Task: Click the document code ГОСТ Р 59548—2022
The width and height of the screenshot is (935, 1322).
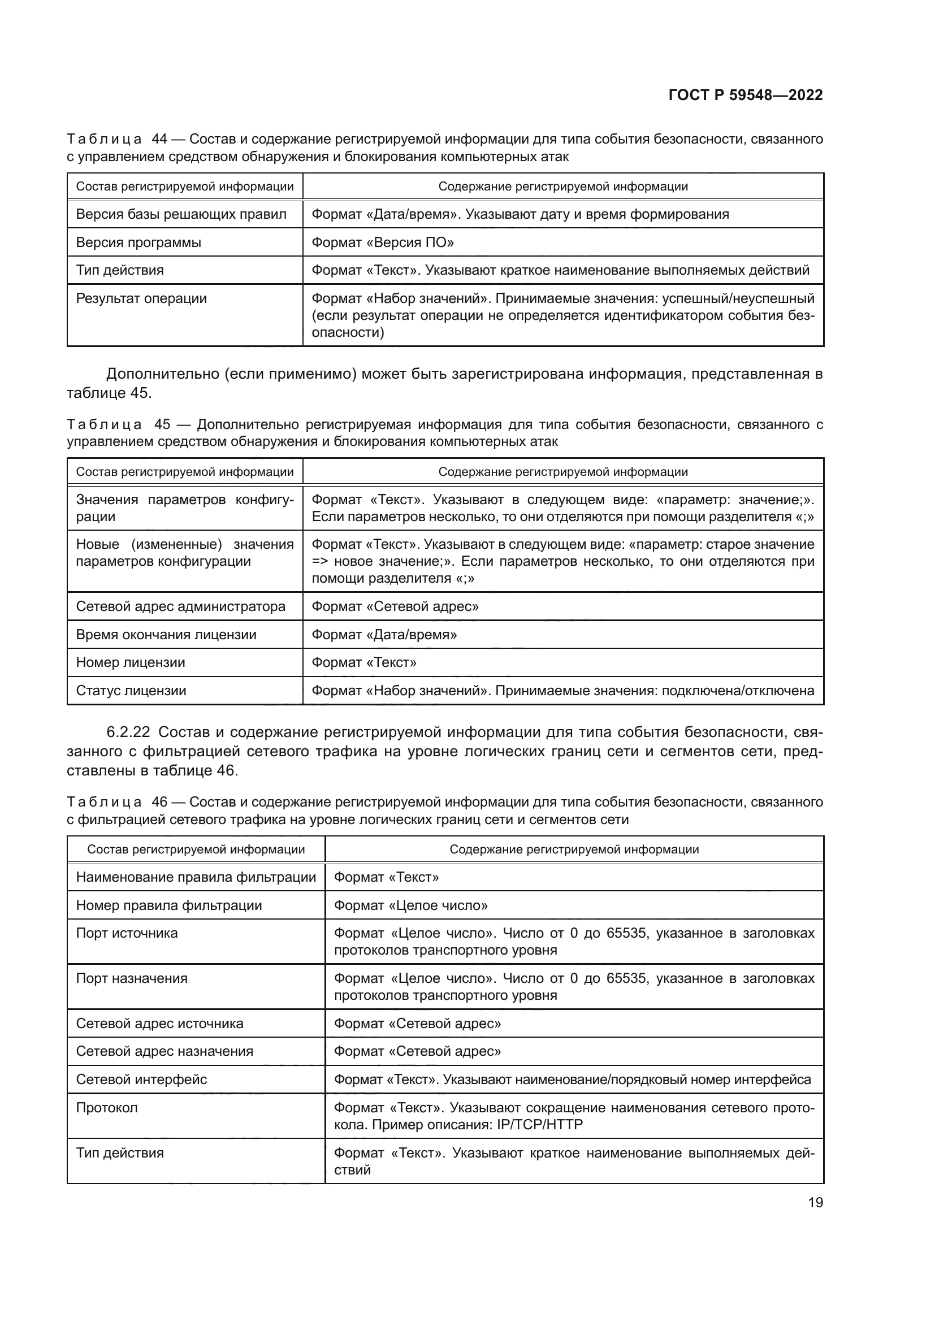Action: (x=746, y=96)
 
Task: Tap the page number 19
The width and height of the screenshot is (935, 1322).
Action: (x=815, y=1202)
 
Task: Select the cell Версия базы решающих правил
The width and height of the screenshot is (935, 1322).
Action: (x=181, y=215)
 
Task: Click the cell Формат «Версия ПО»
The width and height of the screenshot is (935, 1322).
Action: (x=382, y=242)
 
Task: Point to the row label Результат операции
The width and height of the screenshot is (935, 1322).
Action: (x=141, y=298)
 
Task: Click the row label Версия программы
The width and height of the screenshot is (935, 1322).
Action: (x=138, y=242)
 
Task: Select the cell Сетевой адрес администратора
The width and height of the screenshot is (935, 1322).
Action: (x=180, y=606)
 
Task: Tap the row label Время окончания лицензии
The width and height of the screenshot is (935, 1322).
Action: (x=166, y=635)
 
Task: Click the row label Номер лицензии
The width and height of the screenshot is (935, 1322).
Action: (x=130, y=662)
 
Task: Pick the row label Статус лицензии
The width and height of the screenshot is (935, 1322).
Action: (x=131, y=690)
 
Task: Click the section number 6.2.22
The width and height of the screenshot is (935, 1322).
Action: (x=128, y=732)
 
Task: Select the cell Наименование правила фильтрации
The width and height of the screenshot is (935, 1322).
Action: (x=196, y=877)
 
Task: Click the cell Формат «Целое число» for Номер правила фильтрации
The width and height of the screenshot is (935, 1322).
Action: (x=410, y=905)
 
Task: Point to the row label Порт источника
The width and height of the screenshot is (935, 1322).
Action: (x=127, y=933)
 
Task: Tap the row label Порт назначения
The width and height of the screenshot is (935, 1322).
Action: (x=131, y=978)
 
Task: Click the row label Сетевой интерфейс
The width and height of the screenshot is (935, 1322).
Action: (x=141, y=1079)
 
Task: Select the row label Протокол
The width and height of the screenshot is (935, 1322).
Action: (x=106, y=1107)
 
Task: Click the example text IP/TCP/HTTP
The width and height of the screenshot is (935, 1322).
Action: (x=539, y=1124)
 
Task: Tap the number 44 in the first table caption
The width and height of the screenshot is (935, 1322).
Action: (x=159, y=140)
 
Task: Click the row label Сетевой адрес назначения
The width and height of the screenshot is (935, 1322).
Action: (x=164, y=1051)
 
